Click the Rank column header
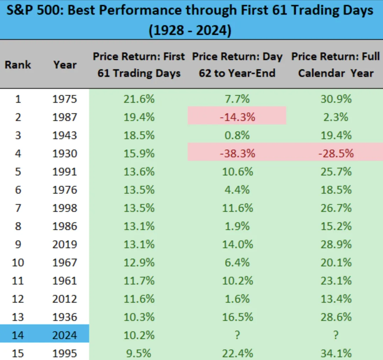point(18,65)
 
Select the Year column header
point(65,65)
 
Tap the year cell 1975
point(65,99)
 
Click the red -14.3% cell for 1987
point(237,117)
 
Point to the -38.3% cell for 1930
point(237,153)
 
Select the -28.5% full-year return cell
point(336,153)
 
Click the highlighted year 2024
point(65,335)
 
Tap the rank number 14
point(18,335)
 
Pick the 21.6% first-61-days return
point(139,99)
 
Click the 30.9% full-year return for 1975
point(336,99)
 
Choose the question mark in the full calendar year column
point(336,335)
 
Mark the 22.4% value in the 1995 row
point(237,353)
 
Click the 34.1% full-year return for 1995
point(336,353)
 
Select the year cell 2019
point(65,244)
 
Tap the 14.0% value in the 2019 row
point(237,244)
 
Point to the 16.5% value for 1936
point(237,317)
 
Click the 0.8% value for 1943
point(237,135)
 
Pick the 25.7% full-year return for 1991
point(336,172)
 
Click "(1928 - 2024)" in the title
point(190,30)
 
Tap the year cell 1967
point(65,262)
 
